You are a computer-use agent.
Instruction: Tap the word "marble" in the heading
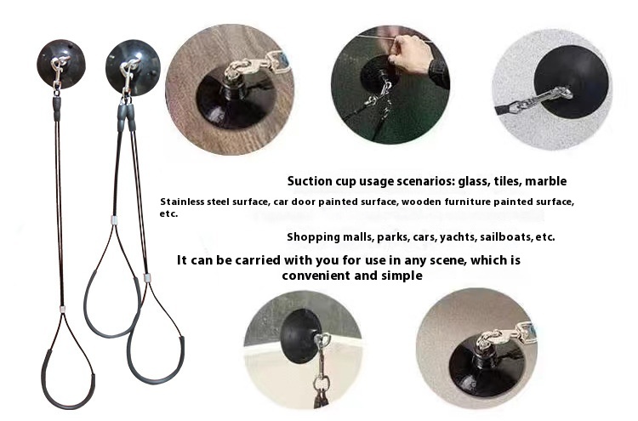[545, 181]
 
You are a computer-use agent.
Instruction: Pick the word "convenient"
[316, 276]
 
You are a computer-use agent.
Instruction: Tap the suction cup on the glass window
[301, 335]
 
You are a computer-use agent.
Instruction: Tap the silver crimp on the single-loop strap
[63, 310]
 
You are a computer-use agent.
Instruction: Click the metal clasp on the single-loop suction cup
[58, 73]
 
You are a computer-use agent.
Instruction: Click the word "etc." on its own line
[169, 214]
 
